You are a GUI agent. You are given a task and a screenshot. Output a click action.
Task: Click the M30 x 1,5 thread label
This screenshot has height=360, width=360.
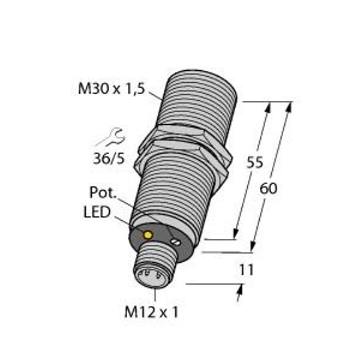pyautogui.click(x=112, y=88)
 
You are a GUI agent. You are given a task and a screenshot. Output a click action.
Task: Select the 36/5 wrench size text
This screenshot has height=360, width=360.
pyautogui.click(x=109, y=158)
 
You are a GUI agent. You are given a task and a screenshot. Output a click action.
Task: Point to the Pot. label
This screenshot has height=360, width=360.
pyautogui.click(x=103, y=193)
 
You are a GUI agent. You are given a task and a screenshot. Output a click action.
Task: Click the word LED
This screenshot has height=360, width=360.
pyautogui.click(x=97, y=212)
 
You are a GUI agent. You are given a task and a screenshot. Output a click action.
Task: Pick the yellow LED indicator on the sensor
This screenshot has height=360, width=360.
pyautogui.click(x=148, y=235)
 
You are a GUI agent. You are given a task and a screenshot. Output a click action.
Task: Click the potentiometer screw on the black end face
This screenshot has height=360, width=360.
pyautogui.click(x=176, y=242)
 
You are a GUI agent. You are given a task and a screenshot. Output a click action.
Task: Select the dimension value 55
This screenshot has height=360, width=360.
pyautogui.click(x=254, y=163)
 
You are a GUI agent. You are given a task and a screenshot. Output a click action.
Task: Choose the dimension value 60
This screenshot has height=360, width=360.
pyautogui.click(x=268, y=189)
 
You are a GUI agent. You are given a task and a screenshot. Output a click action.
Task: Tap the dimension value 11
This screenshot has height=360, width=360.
pyautogui.click(x=247, y=270)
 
